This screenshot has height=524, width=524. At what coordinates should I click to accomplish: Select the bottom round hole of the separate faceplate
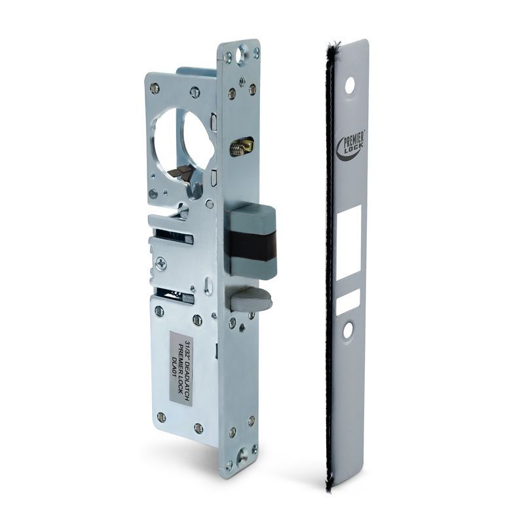348,329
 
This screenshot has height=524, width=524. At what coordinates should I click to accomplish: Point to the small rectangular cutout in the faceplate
348,302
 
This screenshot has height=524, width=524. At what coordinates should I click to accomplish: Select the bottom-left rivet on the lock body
162,417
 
